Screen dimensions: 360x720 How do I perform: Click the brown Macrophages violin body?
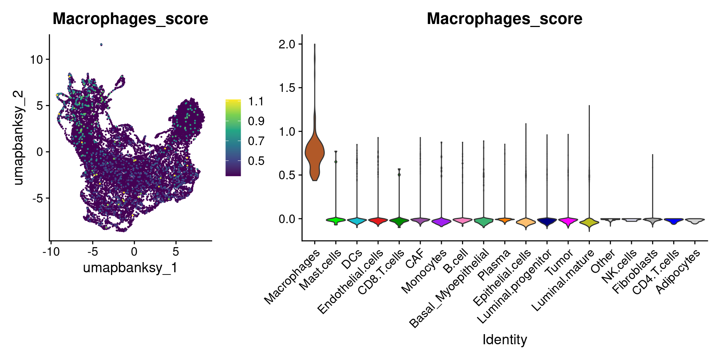point(315,154)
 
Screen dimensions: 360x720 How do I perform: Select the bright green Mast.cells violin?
point(336,220)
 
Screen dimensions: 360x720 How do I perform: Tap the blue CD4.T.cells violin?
point(674,220)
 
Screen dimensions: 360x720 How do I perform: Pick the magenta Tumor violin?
point(568,220)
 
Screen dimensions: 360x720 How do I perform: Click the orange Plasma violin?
point(505,220)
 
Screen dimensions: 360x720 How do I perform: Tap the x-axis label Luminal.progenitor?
point(514,287)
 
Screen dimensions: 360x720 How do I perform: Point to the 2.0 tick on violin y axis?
point(287,44)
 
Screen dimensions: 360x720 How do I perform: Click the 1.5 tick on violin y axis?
point(287,88)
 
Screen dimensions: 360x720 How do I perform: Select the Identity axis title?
point(504,339)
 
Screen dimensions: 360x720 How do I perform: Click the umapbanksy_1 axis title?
point(130,268)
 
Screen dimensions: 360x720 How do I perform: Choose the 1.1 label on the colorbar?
point(256,101)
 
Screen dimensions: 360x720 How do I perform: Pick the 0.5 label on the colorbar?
point(256,161)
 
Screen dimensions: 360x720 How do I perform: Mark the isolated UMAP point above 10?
point(101,45)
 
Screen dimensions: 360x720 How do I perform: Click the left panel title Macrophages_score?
point(130,19)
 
